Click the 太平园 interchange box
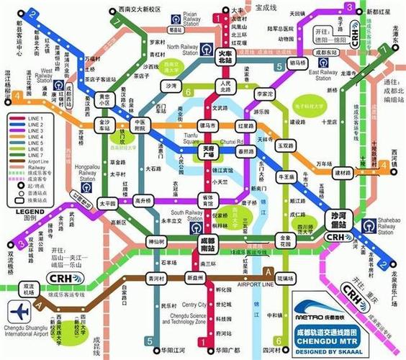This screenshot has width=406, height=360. pos(107,203)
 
